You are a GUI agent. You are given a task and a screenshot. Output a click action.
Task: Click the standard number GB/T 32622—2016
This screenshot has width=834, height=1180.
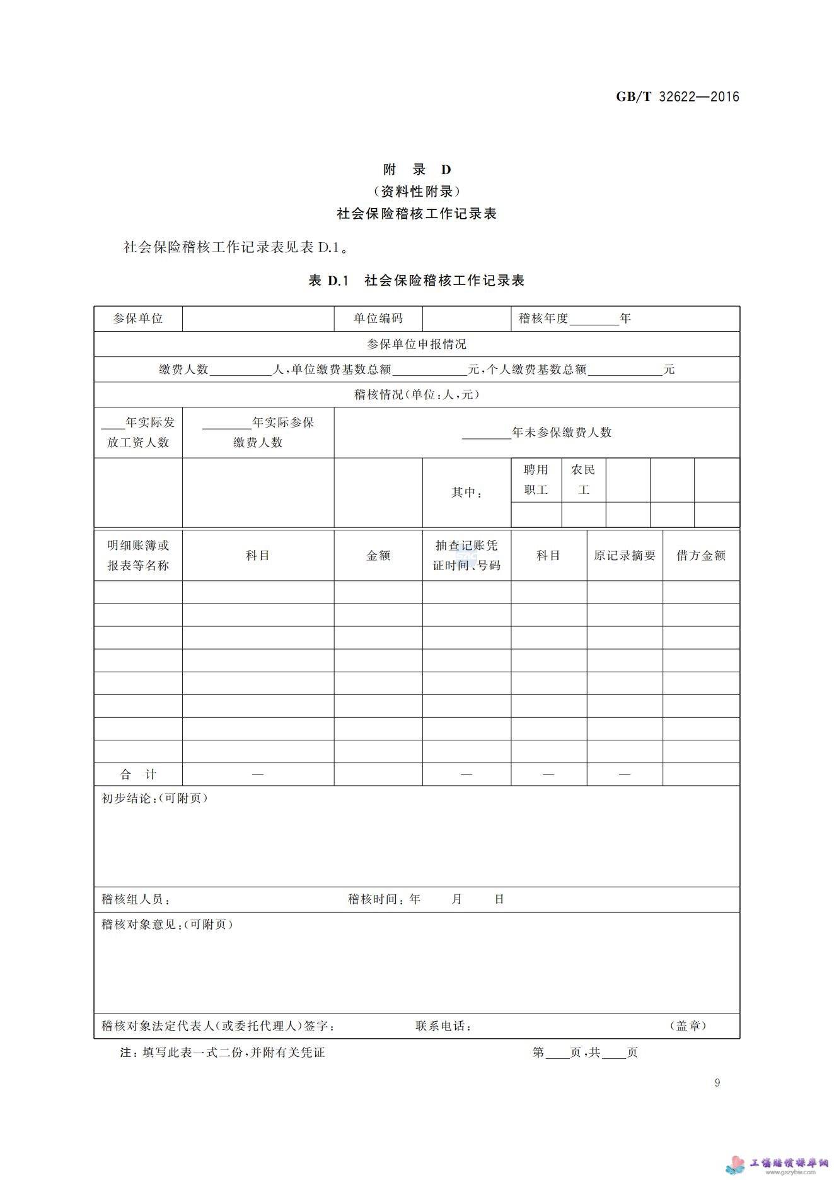coord(677,96)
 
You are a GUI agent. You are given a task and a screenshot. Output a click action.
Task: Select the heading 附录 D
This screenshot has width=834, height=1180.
coord(417,170)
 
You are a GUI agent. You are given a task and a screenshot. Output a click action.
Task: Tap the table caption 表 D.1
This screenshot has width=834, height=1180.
coord(328,281)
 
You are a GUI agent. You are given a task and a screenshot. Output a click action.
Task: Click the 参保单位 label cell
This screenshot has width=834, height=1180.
coord(138,318)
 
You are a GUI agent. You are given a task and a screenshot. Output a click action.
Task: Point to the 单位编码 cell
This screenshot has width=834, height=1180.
coord(378,318)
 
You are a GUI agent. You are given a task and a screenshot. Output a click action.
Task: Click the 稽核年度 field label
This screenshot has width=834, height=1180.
coord(543,318)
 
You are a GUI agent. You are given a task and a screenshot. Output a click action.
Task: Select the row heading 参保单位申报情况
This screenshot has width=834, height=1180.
coord(417,344)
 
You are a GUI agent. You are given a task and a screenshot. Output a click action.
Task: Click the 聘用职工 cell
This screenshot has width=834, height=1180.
coord(536,479)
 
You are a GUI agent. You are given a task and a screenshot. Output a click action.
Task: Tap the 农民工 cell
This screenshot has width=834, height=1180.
coord(583,479)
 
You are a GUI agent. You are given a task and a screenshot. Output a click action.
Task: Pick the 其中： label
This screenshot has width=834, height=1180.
coord(466,492)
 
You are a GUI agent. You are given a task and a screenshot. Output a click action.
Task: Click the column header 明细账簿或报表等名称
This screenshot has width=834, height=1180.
coord(138,555)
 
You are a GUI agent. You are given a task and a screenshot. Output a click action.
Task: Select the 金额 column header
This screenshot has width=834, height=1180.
coord(378,555)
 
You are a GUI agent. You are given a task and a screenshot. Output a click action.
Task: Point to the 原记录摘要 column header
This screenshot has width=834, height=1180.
coord(625,555)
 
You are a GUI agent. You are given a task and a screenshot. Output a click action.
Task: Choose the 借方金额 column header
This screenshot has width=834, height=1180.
coord(701,555)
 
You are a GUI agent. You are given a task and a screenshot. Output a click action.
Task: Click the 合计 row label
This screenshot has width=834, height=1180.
coord(138,774)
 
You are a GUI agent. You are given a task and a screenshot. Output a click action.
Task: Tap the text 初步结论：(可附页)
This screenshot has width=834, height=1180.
coord(155,798)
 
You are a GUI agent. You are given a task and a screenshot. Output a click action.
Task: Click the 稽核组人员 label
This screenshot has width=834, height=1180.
coord(136,899)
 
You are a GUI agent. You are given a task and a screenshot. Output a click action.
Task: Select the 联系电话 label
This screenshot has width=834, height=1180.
coord(444,1026)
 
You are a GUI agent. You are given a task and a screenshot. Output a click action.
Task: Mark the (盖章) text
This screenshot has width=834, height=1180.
coord(688,1026)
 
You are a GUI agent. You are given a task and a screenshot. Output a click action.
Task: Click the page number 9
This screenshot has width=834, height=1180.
coord(717,1083)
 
